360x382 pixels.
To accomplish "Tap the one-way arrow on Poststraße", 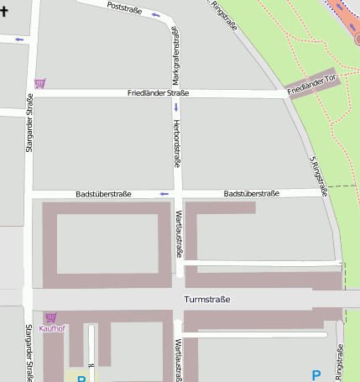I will (x=156, y=15).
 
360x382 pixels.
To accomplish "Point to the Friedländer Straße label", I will (x=158, y=93).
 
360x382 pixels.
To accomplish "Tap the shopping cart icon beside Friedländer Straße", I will (x=39, y=83).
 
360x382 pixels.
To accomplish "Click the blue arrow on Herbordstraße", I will (x=176, y=107).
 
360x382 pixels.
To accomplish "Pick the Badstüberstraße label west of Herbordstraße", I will (x=103, y=194).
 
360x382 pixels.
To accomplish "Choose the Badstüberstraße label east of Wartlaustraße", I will (x=251, y=194).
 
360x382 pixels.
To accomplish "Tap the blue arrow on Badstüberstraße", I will (x=164, y=194).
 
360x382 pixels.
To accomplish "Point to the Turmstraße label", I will (x=206, y=300).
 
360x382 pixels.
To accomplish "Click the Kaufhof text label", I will (x=52, y=328).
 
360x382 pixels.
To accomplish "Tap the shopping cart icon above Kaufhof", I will (x=50, y=317).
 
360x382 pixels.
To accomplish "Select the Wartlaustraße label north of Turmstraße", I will (x=178, y=235).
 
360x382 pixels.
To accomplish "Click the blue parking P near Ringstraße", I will (x=316, y=375).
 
